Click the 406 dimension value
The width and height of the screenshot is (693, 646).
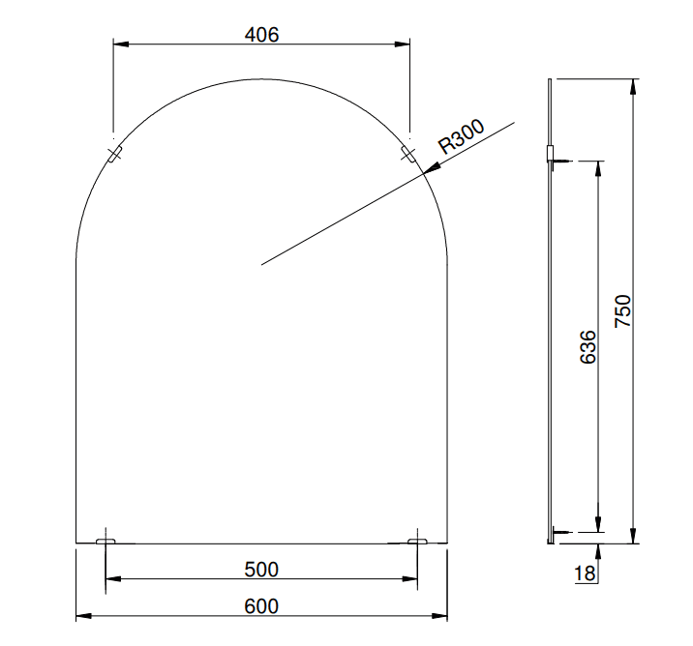(261, 35)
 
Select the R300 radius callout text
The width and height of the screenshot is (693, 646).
(461, 136)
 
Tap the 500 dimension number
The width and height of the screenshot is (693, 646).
(261, 570)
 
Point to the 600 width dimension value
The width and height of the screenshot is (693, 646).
(261, 606)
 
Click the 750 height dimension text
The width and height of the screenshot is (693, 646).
(622, 310)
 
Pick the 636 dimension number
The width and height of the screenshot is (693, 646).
(588, 347)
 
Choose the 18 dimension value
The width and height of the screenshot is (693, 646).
(585, 573)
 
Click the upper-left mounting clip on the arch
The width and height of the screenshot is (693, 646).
(115, 154)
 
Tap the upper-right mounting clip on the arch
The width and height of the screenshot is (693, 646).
(407, 154)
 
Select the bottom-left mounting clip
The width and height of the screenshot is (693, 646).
(105, 541)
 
